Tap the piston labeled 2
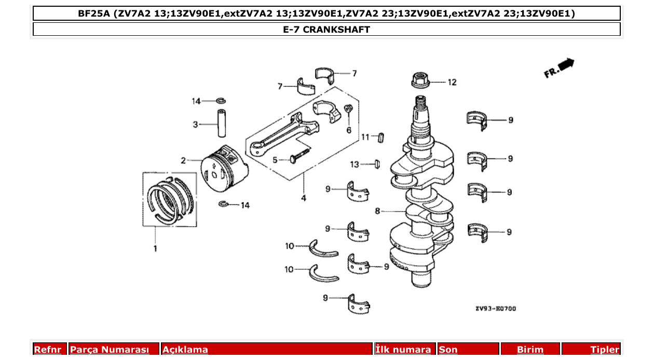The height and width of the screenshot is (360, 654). (x=224, y=167)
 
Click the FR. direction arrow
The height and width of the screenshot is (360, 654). (x=559, y=67)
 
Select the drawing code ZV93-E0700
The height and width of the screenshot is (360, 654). (x=495, y=309)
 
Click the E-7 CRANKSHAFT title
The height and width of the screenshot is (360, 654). (x=326, y=30)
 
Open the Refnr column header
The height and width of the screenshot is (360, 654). (x=48, y=350)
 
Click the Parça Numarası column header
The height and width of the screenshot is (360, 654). (x=110, y=350)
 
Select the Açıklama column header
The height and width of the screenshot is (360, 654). (x=185, y=350)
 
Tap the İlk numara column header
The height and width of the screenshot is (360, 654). (x=403, y=350)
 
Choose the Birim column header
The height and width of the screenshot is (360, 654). (x=530, y=350)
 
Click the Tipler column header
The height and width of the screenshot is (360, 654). (x=605, y=350)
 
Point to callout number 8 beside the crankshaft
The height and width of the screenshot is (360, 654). (x=377, y=211)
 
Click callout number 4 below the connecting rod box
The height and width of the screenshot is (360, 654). (x=304, y=198)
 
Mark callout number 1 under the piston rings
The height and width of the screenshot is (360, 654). (x=155, y=248)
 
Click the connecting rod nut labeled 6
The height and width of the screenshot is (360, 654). (x=349, y=109)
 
